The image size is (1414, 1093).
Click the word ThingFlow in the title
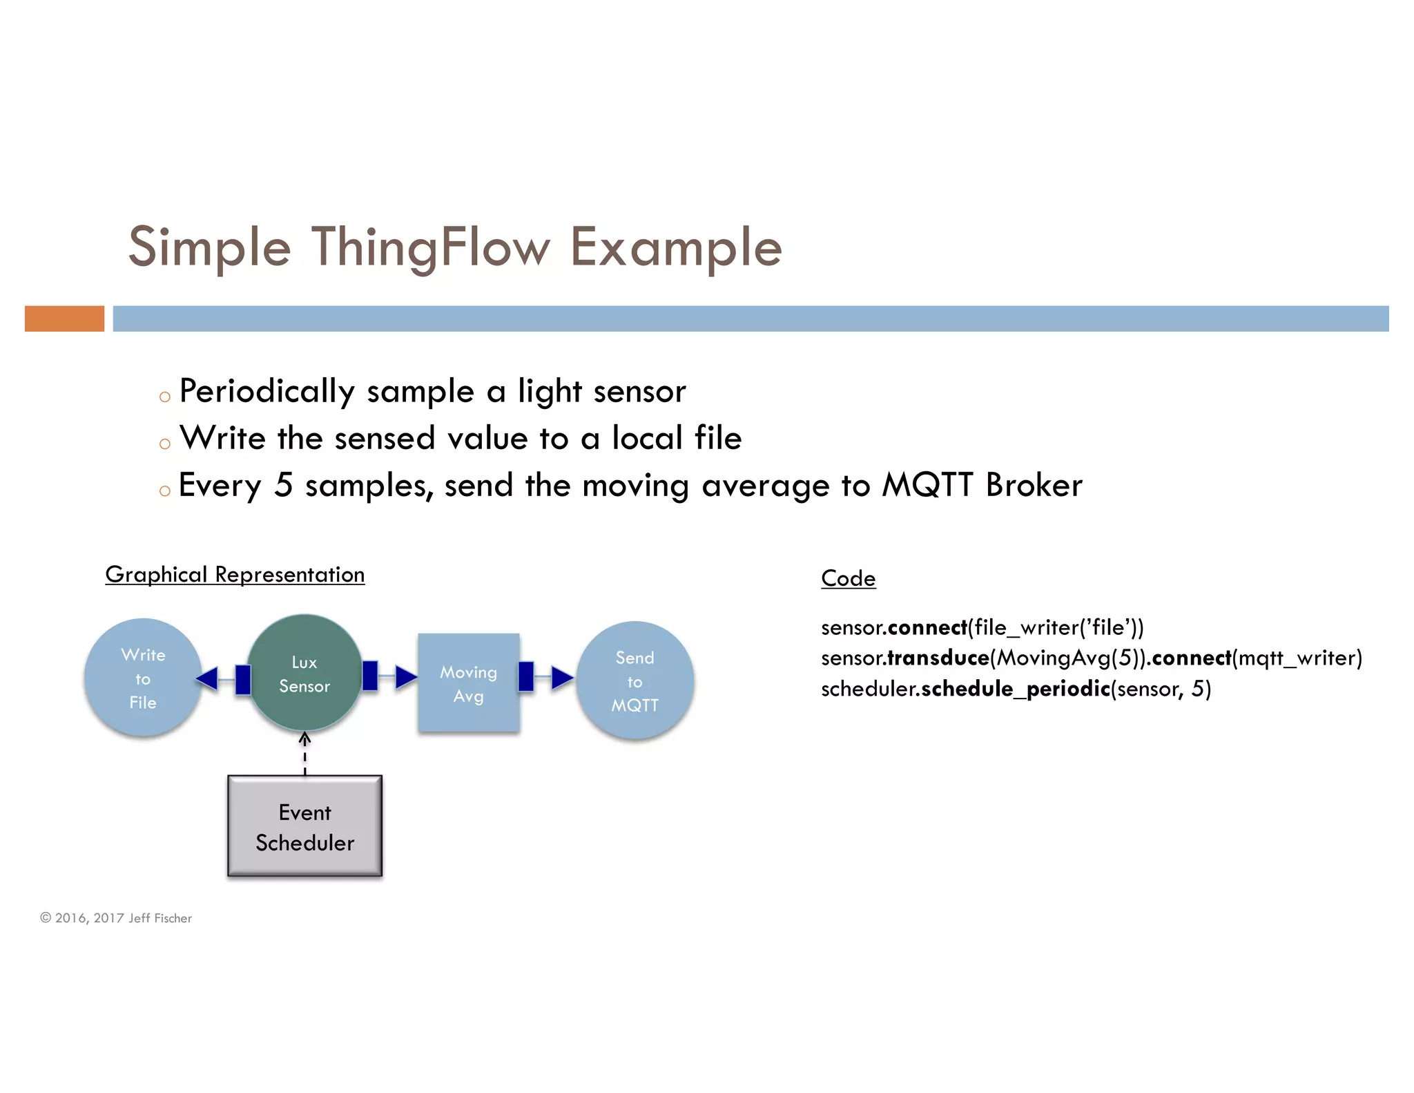pos(431,247)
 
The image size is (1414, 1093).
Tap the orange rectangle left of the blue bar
pos(64,319)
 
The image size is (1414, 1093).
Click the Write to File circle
pos(143,678)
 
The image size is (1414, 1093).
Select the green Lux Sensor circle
pos(304,674)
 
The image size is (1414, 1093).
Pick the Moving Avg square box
pos(468,683)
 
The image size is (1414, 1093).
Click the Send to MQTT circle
pos(635,681)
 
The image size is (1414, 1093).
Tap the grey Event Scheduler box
pos(304,826)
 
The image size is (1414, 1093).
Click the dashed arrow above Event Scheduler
pos(304,754)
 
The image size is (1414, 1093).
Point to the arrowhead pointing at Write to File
pos(206,678)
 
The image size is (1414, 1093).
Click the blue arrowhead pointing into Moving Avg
pos(406,676)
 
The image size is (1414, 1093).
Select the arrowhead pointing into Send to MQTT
pos(562,677)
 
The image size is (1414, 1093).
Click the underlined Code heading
pos(848,578)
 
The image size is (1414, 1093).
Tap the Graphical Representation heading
pos(235,574)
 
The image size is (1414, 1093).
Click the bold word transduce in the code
pos(938,658)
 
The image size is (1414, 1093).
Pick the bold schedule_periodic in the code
pos(1016,689)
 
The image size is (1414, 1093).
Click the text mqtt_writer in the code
pos(1297,658)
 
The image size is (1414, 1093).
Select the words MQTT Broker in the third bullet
pos(982,485)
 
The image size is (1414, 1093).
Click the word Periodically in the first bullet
pos(267,392)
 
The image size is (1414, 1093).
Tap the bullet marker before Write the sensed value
pos(164,444)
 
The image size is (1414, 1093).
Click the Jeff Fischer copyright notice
pos(116,918)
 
